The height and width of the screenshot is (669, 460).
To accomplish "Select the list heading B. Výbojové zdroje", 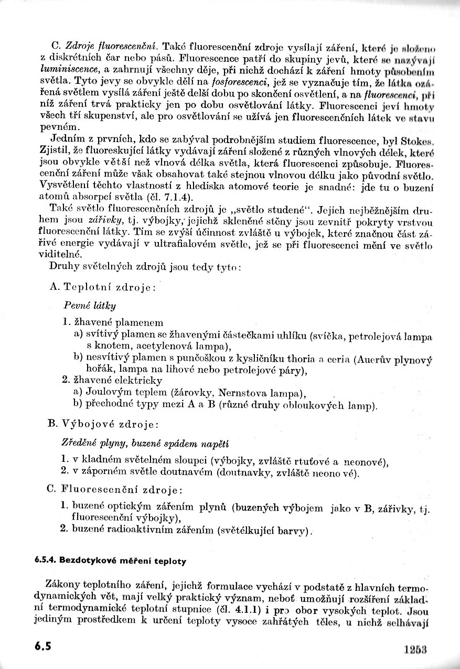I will click(x=103, y=424).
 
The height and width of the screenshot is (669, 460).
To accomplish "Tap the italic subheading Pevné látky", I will click(x=90, y=305).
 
